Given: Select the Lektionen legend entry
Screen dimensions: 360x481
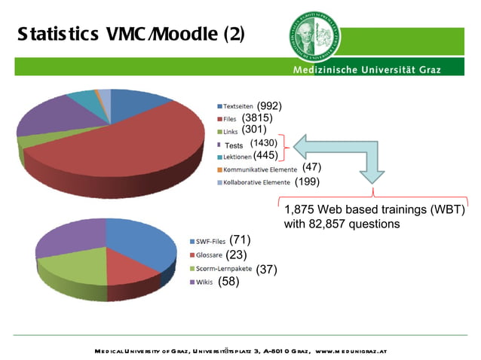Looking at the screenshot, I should point(235,157).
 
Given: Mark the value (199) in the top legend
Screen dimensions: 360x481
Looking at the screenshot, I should point(307,182).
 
